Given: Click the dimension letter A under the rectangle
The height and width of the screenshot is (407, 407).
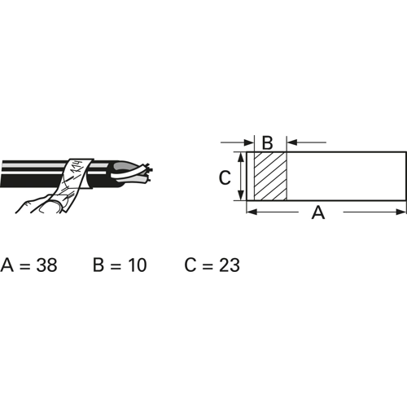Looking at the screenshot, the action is (318, 212).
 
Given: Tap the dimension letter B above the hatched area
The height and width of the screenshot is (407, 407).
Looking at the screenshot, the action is (267, 142).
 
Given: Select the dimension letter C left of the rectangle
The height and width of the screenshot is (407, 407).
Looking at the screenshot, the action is (225, 177).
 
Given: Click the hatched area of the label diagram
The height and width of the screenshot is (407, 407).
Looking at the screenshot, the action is (270, 177).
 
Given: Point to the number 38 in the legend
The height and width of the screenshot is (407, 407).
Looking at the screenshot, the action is (47, 265).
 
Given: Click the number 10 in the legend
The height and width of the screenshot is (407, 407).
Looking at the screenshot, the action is (138, 265).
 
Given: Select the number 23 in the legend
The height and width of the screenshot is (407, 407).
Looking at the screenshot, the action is (230, 265).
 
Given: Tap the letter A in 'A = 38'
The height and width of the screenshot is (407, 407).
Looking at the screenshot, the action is (7, 265).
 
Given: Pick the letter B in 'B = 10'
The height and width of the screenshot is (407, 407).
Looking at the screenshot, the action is (98, 265).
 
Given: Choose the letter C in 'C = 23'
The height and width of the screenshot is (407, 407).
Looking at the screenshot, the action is (190, 265).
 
